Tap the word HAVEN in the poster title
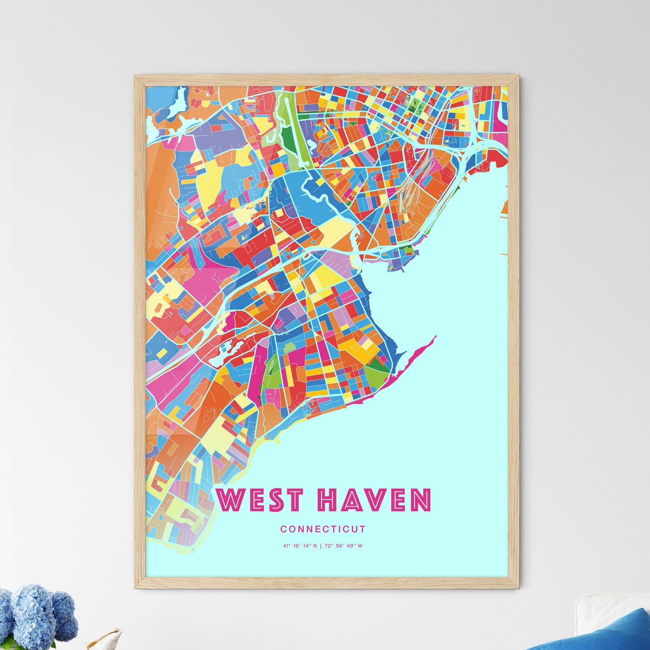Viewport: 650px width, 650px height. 374,500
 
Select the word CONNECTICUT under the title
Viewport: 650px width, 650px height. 323,529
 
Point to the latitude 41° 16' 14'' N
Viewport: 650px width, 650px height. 300,546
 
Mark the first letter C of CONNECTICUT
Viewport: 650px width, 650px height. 283,529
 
